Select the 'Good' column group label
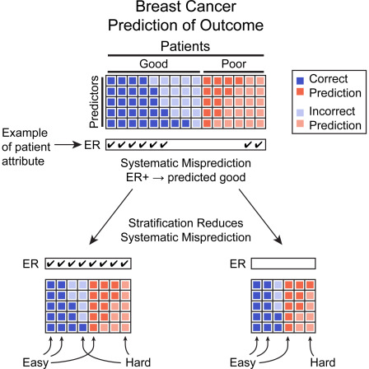point(154,63)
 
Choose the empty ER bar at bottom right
point(283,264)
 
